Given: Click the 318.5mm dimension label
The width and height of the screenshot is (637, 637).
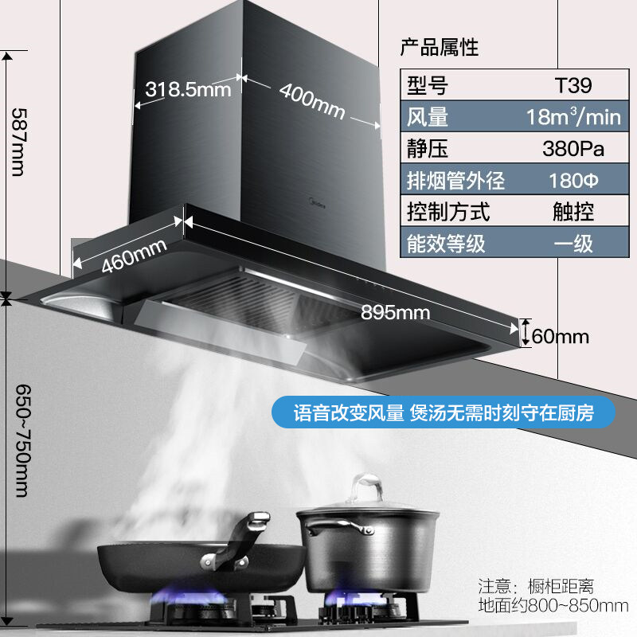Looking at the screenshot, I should point(188,89).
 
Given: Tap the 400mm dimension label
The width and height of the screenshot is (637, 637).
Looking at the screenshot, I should point(311,101).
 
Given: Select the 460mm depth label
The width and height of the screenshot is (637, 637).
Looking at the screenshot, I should point(134,255).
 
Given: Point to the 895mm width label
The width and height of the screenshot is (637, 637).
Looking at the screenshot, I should point(396,312).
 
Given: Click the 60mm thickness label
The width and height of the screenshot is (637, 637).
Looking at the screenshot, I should point(560,336).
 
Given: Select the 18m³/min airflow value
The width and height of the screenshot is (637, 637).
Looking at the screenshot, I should point(573,117).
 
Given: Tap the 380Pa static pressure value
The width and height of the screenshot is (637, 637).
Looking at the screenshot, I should point(573,149).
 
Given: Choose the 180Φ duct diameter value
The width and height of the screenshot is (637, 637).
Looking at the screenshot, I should point(573,180).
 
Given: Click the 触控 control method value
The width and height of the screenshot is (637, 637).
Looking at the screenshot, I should point(573,211).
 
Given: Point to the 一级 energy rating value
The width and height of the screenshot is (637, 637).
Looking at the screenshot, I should point(573,243).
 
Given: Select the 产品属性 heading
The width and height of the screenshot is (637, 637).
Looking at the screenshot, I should point(439,47).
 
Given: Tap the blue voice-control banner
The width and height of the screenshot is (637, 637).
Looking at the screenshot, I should point(444,413).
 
